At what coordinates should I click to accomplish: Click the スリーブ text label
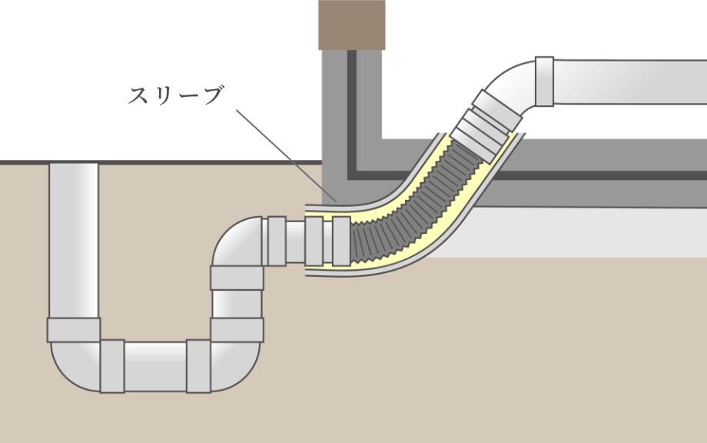(175, 96)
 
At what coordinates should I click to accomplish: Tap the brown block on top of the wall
(351, 25)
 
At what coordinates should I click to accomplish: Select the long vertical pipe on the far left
(74, 238)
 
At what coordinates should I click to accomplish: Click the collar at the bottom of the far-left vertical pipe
(74, 329)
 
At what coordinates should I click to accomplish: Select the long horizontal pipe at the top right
(630, 81)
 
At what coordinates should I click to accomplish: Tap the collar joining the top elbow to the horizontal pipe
(544, 81)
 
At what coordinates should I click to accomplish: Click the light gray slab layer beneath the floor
(599, 231)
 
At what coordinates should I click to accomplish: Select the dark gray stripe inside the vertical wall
(352, 115)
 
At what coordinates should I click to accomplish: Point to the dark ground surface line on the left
(154, 162)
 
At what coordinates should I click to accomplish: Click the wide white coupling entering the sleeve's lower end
(314, 239)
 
